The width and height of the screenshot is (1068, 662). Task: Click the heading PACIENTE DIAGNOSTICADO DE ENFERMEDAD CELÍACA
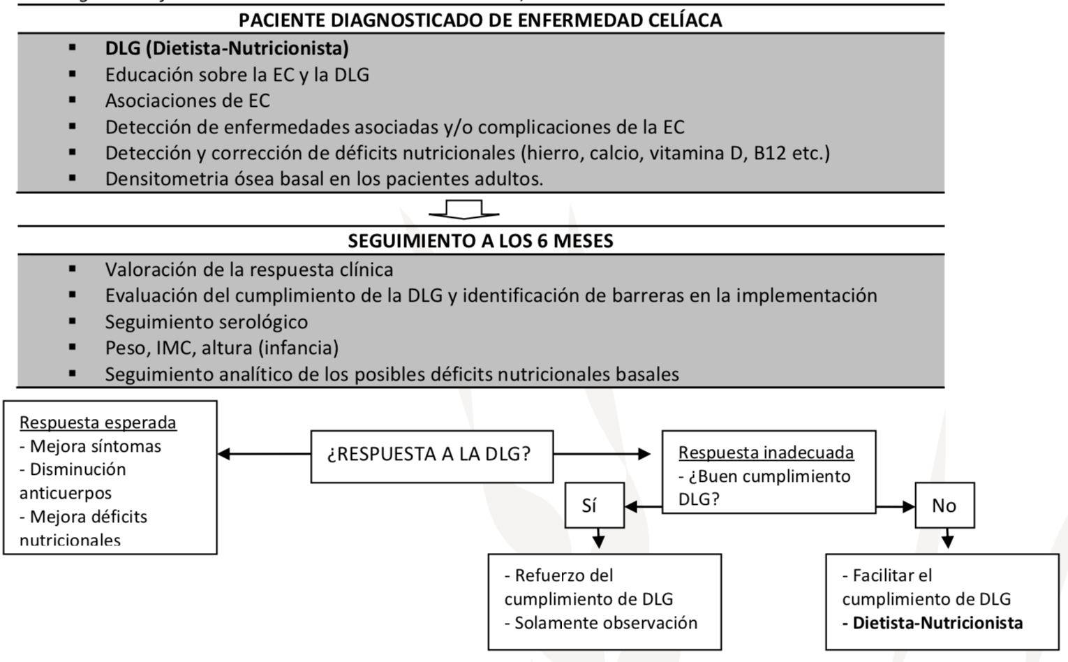480,20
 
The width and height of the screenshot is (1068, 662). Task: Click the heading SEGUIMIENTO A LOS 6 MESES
480,241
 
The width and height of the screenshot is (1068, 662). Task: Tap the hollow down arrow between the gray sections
463,209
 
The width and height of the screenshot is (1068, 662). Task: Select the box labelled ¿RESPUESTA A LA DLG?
431,455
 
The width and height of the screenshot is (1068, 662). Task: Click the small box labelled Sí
594,505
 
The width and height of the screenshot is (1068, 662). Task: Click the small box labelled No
944,505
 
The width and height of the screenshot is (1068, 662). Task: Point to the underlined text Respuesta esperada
98,422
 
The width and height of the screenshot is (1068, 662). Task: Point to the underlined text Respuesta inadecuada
766,453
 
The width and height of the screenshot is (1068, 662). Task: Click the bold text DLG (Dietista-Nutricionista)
227,48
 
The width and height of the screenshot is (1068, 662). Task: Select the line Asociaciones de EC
187,101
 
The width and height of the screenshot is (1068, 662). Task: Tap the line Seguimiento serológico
206,322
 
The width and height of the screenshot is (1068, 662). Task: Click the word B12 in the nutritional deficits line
769,153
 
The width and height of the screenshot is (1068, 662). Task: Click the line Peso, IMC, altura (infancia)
221,348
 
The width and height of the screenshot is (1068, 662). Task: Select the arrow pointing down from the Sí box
598,538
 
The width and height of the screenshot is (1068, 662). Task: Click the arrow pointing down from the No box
947,538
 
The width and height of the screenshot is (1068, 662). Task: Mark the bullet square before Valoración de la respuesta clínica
73,269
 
